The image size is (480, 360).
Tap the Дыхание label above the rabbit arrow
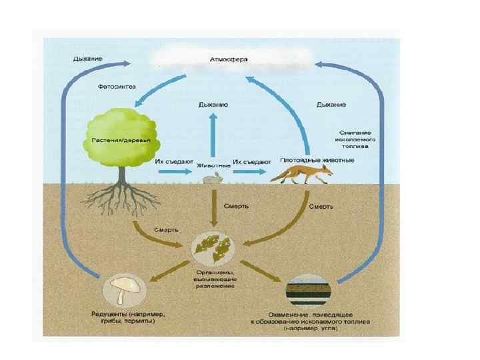(x=213, y=105)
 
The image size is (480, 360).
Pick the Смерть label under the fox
(x=321, y=207)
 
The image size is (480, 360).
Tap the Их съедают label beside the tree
(x=174, y=161)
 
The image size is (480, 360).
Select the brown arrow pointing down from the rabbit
(x=213, y=207)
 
